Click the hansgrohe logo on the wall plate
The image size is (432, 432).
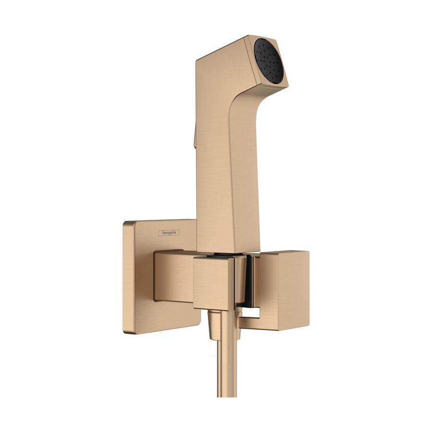(x=169, y=233)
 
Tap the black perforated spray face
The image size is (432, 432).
(x=270, y=62)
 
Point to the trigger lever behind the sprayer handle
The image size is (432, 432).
(x=194, y=137)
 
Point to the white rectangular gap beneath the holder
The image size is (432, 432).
(x=249, y=314)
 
